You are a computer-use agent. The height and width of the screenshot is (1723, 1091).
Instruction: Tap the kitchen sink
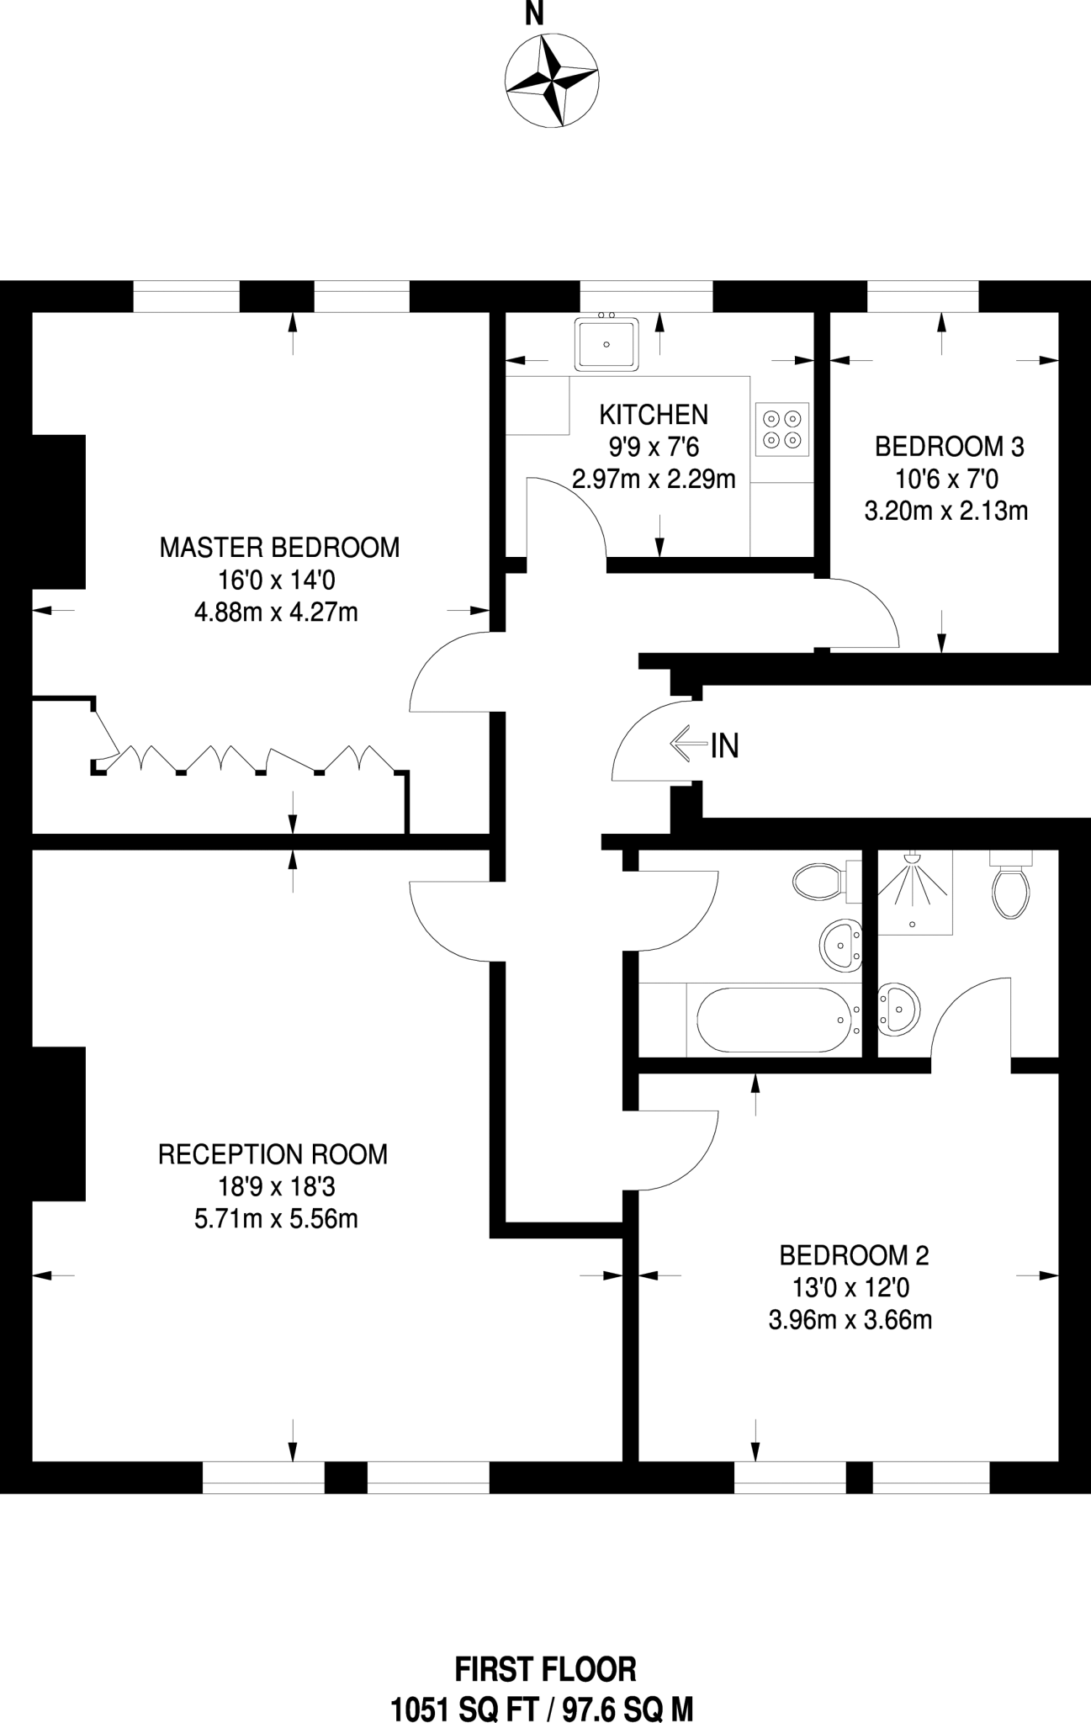click(606, 343)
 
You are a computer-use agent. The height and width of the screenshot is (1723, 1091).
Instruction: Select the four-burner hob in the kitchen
click(782, 429)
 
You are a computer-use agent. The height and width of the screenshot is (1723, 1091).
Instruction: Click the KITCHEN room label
click(654, 415)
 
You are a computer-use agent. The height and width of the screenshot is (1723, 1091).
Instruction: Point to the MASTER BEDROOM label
click(279, 548)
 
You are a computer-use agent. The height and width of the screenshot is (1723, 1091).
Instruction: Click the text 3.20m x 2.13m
click(946, 511)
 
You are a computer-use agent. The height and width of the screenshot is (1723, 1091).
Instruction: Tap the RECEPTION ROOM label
click(273, 1154)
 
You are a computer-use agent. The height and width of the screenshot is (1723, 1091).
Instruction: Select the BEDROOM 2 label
click(854, 1255)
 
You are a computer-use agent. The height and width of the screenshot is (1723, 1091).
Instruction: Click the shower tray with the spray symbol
click(915, 892)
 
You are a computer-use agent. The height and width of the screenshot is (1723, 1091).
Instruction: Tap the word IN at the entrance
click(725, 745)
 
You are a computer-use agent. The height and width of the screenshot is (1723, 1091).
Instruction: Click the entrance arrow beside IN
click(688, 744)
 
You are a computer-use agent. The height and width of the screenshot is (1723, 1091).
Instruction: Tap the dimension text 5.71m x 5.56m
click(276, 1218)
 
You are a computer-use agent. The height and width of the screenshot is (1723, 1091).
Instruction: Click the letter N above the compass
click(534, 14)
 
